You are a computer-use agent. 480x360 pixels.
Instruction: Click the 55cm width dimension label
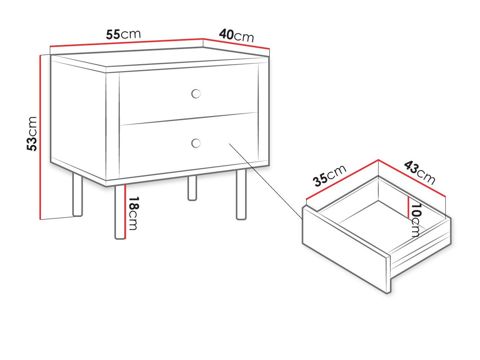123,34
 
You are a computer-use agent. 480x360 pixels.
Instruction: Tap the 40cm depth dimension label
237,36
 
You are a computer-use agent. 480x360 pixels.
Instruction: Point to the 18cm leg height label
133,213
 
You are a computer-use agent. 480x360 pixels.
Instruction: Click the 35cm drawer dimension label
330,175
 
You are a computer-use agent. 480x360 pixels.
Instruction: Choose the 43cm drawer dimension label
419,173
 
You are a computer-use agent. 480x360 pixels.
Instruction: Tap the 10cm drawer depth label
415,220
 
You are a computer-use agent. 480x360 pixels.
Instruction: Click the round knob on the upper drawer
196,94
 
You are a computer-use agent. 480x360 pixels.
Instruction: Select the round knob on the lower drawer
196,143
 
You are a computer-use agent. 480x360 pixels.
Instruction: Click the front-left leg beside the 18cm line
119,212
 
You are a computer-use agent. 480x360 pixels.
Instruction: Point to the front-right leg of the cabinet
241,194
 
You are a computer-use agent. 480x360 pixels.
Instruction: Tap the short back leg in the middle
192,188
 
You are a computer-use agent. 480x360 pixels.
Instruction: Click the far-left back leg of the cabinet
77,194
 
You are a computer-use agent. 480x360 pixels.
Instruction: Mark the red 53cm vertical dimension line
40,137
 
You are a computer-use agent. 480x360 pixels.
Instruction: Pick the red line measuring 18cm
125,212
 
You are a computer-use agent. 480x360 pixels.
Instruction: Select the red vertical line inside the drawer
408,207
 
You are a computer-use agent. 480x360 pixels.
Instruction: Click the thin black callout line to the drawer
266,181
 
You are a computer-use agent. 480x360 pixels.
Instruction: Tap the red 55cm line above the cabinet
127,43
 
